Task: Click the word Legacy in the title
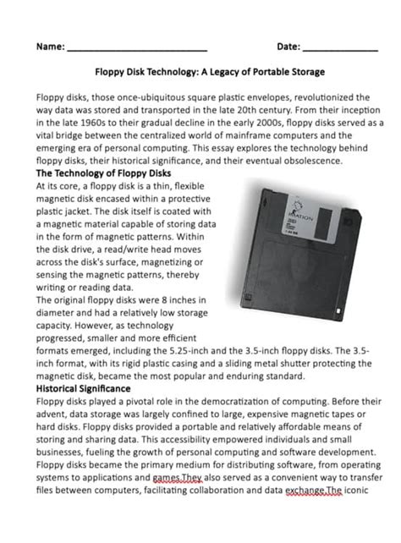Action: (228, 72)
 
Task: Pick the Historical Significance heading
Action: (84, 387)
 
